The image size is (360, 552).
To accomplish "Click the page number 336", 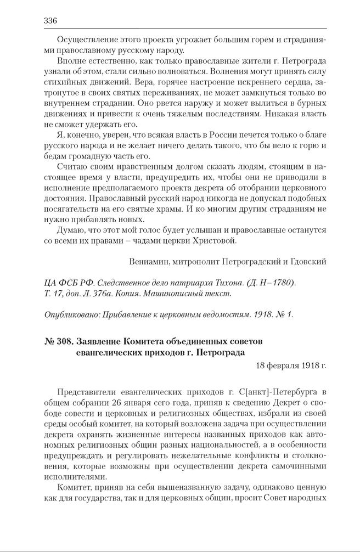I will pos(50,21).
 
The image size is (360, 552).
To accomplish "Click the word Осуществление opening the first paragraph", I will pos(82,40).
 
